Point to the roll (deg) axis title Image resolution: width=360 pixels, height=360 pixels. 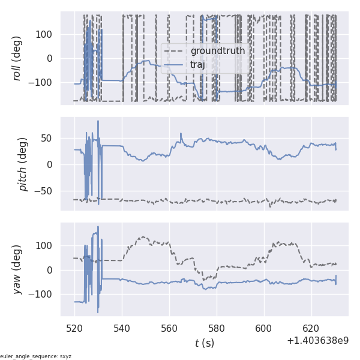[x=17, y=58]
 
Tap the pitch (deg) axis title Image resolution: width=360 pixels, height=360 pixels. [x=23, y=164]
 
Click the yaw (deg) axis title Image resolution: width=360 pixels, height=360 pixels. [x=17, y=269]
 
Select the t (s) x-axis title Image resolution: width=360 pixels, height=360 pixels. [x=204, y=343]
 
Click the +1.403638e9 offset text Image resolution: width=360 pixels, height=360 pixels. [x=317, y=341]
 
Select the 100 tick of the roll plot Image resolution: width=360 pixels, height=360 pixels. [x=46, y=34]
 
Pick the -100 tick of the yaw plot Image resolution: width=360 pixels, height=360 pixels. [x=43, y=294]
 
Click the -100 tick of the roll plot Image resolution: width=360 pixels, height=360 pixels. [x=43, y=82]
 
